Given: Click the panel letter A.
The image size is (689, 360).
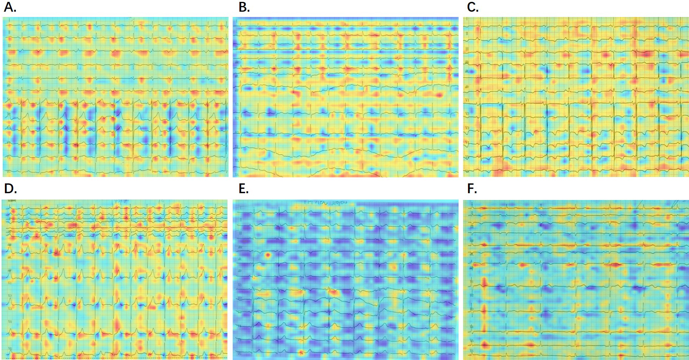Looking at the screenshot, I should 10,7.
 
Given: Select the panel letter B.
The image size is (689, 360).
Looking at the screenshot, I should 244,7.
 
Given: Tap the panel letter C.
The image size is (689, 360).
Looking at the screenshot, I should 473,7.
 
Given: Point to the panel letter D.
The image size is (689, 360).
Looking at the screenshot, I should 10,188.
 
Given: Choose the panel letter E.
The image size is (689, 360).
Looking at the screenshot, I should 244,188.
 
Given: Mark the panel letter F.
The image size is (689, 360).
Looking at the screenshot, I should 472,188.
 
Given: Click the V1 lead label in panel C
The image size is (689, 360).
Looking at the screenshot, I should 467,100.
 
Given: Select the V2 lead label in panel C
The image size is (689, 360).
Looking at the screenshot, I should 467,114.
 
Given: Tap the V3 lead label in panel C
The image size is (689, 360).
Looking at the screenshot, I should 467,128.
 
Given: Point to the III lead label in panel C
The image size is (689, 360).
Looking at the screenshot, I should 467,49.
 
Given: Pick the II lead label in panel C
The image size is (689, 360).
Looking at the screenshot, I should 467,34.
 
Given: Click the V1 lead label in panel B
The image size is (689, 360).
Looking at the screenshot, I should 237,104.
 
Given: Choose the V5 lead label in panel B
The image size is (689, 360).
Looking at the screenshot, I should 237,160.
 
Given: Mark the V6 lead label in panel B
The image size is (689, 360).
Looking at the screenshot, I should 237,174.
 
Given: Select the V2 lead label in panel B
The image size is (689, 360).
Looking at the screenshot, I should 237,118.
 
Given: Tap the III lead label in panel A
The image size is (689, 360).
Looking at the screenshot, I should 9,46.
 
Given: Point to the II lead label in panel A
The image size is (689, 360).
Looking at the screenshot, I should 9,32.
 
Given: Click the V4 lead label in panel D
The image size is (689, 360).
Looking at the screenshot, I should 10,322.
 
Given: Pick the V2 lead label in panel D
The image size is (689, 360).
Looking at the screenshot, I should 10,296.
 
